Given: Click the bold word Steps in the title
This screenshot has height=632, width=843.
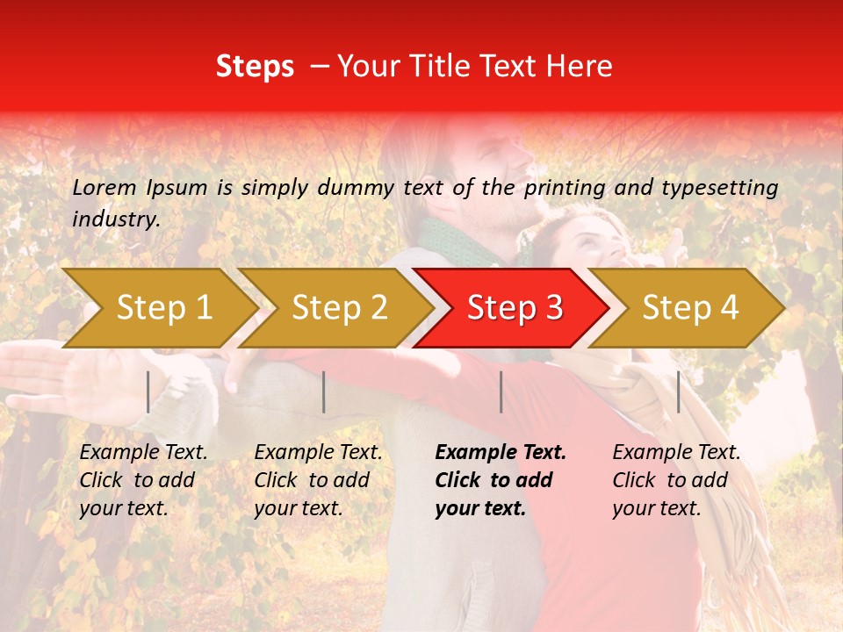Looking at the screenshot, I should coord(255,67).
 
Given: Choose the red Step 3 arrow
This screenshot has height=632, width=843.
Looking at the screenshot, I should coord(515,308).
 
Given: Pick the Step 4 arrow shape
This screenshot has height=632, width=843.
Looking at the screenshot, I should coord(690,308).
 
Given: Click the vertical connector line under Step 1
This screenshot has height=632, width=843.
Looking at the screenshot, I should coord(148,391).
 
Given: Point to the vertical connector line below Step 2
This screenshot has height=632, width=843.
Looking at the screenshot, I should coord(324,391).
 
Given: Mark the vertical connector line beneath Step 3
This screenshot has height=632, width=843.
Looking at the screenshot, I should coord(501,391).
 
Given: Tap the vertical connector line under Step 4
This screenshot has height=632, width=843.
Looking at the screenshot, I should coord(678,391).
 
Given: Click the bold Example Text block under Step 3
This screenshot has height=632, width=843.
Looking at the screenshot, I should coord(501,480).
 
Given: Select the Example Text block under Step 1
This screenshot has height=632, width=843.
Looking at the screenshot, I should coord(143,480).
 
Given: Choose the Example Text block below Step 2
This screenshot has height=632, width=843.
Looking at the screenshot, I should coord(318,480).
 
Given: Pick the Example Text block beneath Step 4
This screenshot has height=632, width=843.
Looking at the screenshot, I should coord(676,480).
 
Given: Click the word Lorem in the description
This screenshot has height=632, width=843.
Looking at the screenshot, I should coord(104,187).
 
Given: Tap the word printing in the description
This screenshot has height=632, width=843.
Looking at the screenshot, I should coord(566,187).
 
